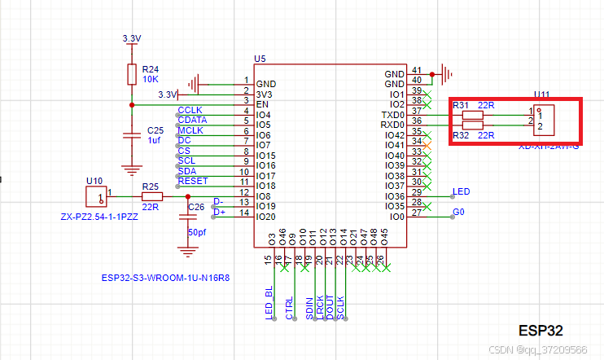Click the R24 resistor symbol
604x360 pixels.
tap(131, 75)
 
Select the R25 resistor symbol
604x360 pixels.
tap(151, 196)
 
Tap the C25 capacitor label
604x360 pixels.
tap(155, 130)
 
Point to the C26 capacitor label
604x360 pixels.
tap(196, 207)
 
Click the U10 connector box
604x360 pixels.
tap(96, 196)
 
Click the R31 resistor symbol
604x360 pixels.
tap(472, 115)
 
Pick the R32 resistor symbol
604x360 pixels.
tap(472, 125)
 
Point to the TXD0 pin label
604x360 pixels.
tap(393, 114)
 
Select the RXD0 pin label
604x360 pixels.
tap(393, 125)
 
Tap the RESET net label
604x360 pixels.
tap(193, 181)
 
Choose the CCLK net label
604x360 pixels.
tap(190, 110)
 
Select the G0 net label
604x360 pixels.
tap(459, 213)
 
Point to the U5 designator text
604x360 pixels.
tap(260, 59)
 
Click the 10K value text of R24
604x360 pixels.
tap(150, 79)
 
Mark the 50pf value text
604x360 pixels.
tap(197, 232)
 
